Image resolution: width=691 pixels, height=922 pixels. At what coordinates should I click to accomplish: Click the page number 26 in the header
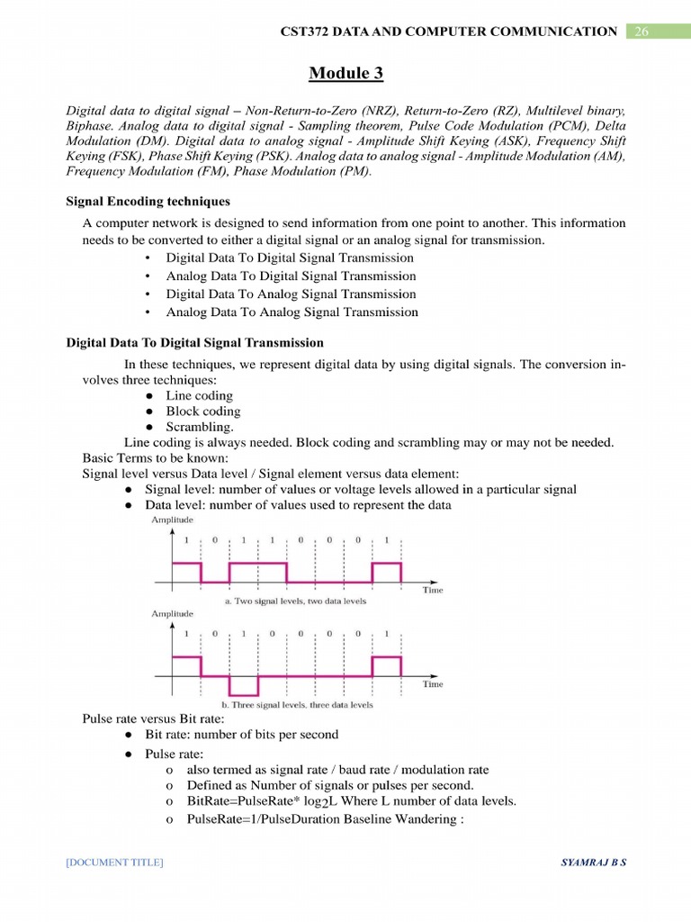pos(642,32)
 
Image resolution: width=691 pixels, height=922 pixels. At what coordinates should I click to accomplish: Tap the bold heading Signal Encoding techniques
pos(148,202)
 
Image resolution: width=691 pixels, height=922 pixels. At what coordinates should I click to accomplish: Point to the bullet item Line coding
pos(199,395)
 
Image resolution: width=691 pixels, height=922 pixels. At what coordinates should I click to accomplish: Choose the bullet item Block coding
pos(202,411)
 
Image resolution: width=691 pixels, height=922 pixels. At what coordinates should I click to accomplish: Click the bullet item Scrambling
pos(200,427)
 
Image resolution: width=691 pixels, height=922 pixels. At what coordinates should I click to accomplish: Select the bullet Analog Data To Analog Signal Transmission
pos(292,312)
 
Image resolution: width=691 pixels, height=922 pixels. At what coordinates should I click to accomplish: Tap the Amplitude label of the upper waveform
pos(172,520)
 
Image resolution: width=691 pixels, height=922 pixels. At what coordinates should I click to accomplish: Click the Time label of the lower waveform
pos(433,683)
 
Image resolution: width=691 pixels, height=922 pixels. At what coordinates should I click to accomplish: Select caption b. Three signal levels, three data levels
pos(297,704)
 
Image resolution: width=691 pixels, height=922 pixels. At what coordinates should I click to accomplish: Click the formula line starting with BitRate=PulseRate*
pos(351,801)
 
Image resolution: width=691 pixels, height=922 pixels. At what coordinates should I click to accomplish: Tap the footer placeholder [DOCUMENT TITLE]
pos(114,863)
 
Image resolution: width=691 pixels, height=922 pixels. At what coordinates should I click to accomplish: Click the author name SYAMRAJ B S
pos(593,863)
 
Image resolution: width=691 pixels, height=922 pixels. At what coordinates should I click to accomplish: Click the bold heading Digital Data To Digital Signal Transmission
pos(195,343)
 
